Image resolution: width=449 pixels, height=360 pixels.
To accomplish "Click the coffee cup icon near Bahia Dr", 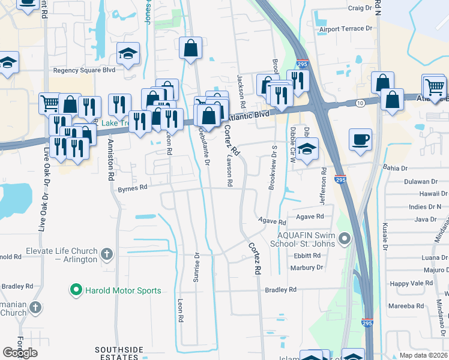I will click(x=360, y=140).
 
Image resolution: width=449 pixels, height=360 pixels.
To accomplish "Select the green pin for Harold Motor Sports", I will click(x=76, y=291).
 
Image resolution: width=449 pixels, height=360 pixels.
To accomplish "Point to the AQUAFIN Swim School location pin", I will click(x=344, y=240).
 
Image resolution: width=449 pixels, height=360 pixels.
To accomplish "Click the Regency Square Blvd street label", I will click(x=84, y=70).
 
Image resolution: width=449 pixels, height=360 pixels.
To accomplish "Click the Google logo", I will click(x=20, y=352).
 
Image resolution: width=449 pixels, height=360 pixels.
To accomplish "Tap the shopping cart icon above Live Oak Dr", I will click(x=49, y=103).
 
